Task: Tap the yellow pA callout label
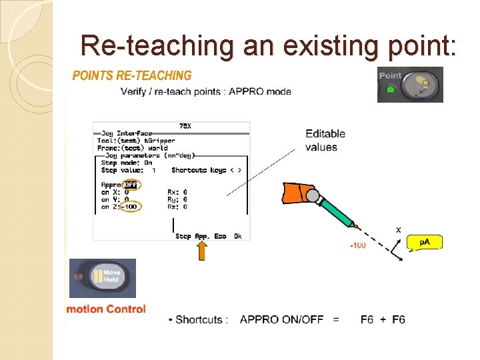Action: click(424, 241)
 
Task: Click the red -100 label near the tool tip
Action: click(358, 245)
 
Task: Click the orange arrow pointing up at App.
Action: click(202, 251)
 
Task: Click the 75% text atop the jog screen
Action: click(186, 126)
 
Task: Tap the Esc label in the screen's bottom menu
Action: click(220, 236)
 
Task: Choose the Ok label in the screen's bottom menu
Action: click(238, 236)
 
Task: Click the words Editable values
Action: click(322, 140)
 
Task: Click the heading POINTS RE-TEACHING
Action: click(131, 75)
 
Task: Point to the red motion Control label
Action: click(105, 309)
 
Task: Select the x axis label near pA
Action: click(399, 229)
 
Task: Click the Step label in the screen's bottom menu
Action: click(183, 236)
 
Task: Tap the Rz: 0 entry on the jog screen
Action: click(177, 206)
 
